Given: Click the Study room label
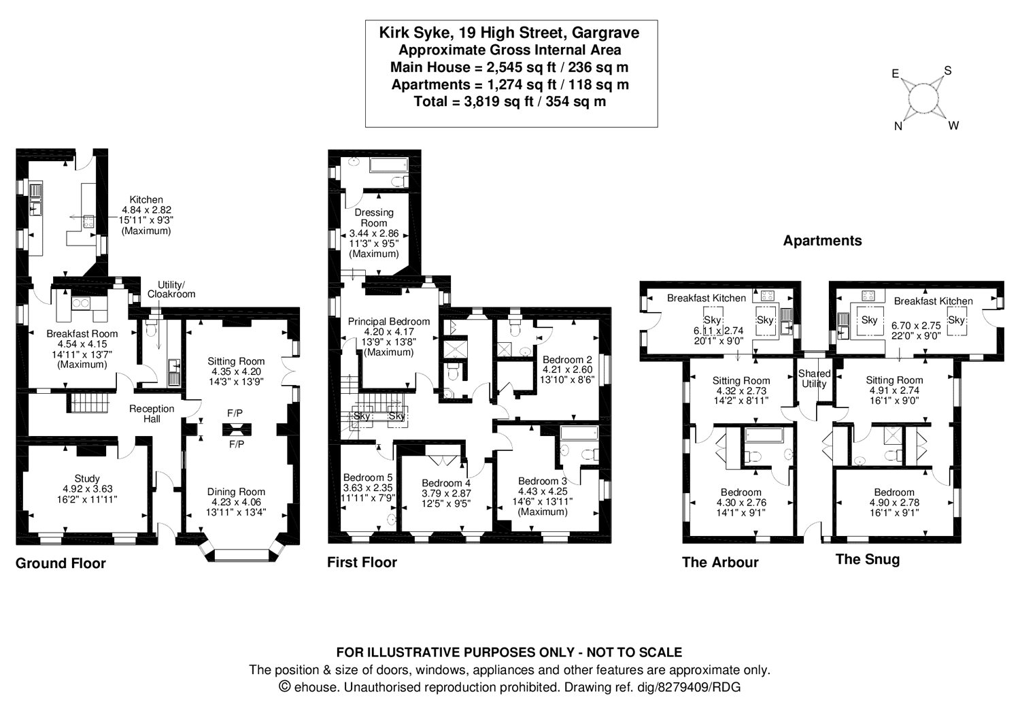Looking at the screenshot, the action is coord(87,479).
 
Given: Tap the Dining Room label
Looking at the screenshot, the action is coord(236,492).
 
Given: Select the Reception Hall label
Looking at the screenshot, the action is coord(152,414).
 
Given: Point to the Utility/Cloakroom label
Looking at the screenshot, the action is coord(171,290).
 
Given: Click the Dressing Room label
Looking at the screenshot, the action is coord(374,218).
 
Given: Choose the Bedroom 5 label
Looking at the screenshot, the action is coord(367,477).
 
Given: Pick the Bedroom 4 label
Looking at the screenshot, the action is coord(446,483).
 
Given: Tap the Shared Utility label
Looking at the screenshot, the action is coord(814,378).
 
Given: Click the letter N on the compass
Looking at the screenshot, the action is coord(898,127).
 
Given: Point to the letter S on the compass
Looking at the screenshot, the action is coord(948,71).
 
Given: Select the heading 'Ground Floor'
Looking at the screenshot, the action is coord(61,563).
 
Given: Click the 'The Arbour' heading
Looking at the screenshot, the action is coord(720,563).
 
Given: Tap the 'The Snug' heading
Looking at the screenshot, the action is coord(868,559).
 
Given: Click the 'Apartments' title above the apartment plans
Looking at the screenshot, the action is coord(822,241).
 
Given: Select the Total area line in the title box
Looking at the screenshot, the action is coord(510,101).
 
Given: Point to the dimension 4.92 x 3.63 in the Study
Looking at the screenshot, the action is coord(88,489).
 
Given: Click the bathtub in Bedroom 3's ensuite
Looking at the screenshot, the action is coord(579,433).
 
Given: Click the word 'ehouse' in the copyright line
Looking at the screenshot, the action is coord(316,687).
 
